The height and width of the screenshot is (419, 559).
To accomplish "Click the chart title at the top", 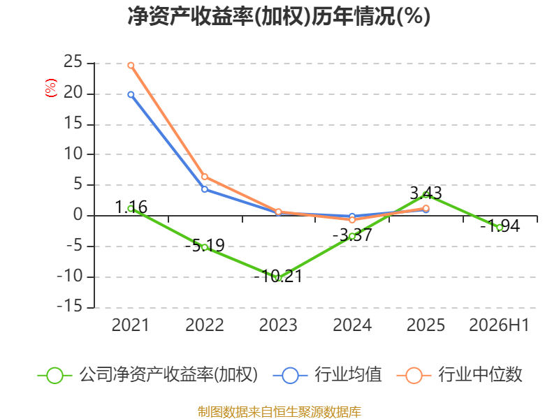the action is pyautogui.click(x=279, y=16).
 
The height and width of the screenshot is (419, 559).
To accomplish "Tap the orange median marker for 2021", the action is pyautogui.click(x=131, y=66).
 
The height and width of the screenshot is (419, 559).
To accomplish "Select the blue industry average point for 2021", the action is pyautogui.click(x=131, y=95).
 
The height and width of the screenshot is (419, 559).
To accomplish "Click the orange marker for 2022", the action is pyautogui.click(x=205, y=177).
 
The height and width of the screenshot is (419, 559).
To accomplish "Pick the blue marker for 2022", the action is pyautogui.click(x=205, y=189).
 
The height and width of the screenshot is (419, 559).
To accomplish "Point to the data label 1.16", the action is pyautogui.click(x=131, y=207).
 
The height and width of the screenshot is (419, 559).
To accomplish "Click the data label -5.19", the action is pyautogui.click(x=205, y=246).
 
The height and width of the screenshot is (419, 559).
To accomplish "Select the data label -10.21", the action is pyautogui.click(x=278, y=276).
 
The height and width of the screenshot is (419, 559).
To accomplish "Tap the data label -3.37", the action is pyautogui.click(x=352, y=235).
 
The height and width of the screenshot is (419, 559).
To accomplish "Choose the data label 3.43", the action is pyautogui.click(x=426, y=193).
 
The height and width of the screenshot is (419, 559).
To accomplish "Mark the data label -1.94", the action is pyautogui.click(x=500, y=226).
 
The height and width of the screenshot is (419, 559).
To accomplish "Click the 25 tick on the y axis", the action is pyautogui.click(x=73, y=62).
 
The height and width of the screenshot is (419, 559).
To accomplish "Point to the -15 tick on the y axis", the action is pyautogui.click(x=70, y=307).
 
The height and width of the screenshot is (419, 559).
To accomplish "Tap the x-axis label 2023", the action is pyautogui.click(x=278, y=325).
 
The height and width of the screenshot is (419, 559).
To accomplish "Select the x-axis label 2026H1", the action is pyautogui.click(x=500, y=325).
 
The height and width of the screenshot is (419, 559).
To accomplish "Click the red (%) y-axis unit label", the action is pyautogui.click(x=50, y=88).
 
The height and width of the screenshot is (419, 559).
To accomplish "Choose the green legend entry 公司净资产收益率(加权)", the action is pyautogui.click(x=147, y=375).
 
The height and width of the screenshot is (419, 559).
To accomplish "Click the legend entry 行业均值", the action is pyautogui.click(x=327, y=375).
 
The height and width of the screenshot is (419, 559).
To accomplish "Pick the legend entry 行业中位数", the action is pyautogui.click(x=459, y=375).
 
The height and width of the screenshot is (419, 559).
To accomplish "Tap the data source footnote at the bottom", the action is pyautogui.click(x=279, y=412).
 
